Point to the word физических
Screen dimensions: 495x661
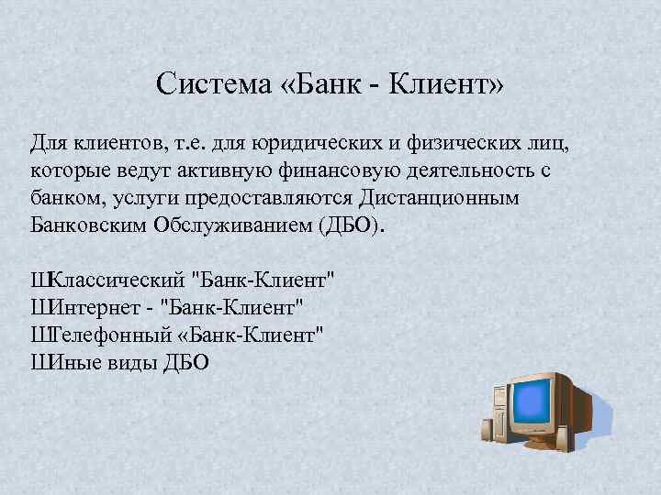[x=453, y=144]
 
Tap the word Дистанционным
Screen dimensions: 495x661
[x=440, y=198]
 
